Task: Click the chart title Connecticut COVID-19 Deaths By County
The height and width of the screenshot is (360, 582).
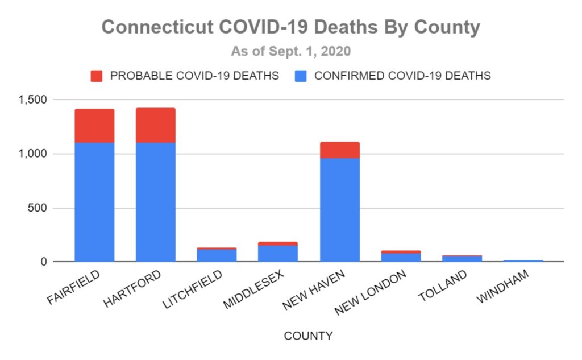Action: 290,27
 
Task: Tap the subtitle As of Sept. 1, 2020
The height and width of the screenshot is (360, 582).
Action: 290,51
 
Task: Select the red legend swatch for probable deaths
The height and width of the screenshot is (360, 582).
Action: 96,76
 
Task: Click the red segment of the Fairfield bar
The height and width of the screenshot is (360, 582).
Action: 94,126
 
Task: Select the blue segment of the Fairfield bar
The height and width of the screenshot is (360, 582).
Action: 94,202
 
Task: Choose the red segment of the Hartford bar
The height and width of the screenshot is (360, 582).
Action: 155,125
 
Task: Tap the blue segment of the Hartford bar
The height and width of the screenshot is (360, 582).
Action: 155,202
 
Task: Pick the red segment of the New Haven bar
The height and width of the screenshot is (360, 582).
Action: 339,150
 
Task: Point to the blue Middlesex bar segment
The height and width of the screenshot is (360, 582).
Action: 278,254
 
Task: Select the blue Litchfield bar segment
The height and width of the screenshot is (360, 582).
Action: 217,255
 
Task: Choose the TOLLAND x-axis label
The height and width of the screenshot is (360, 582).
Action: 443,285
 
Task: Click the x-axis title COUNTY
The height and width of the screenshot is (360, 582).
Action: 308,336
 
